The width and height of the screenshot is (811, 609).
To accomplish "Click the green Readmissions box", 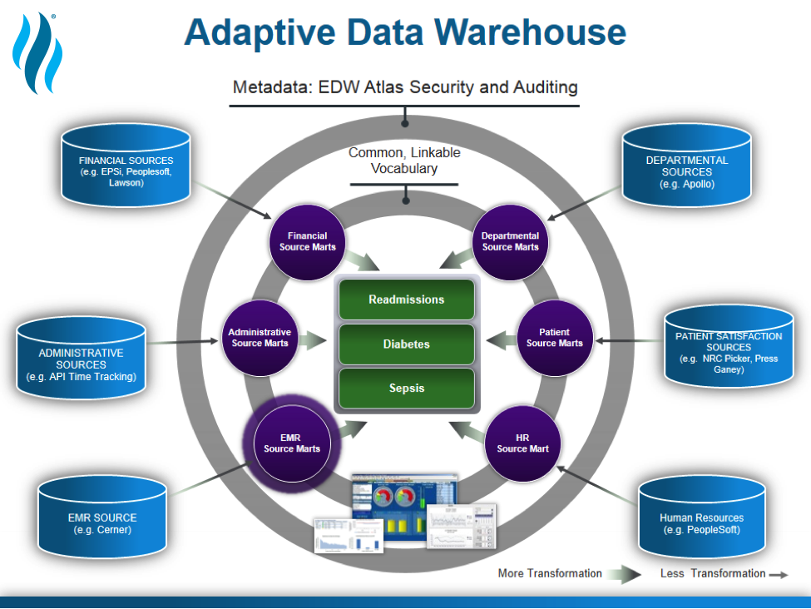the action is [x=407, y=299].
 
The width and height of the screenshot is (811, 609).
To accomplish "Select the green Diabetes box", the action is [x=407, y=344].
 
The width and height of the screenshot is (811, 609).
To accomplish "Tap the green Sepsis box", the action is [x=407, y=388].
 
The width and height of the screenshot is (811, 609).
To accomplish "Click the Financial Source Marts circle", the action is [x=307, y=242].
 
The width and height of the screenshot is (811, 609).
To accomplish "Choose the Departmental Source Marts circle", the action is [x=511, y=242].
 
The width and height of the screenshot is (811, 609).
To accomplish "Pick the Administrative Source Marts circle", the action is [x=260, y=338].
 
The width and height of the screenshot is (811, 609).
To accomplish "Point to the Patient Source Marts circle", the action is [x=555, y=338].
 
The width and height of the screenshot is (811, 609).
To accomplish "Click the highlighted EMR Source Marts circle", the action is [x=292, y=443].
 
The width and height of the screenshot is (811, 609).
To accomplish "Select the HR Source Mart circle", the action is [x=522, y=443].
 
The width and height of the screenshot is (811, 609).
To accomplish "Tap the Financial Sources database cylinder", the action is [x=126, y=165].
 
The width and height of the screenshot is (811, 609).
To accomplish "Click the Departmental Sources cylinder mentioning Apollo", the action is [x=687, y=165].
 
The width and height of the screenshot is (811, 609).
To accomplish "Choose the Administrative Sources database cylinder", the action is [x=82, y=358].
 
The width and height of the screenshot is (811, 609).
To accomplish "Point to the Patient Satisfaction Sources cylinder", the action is [x=729, y=346].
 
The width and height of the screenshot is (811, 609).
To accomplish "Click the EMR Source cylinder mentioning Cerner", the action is [x=102, y=517].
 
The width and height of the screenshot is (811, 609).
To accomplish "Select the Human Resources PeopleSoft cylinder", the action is [x=702, y=517].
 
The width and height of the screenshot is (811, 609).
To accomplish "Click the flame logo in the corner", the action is [x=37, y=53].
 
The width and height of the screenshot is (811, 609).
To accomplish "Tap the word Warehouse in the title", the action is [x=530, y=32].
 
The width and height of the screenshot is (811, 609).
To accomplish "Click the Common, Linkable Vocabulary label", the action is [x=404, y=161].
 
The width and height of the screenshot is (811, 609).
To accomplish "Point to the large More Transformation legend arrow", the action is [x=624, y=574].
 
